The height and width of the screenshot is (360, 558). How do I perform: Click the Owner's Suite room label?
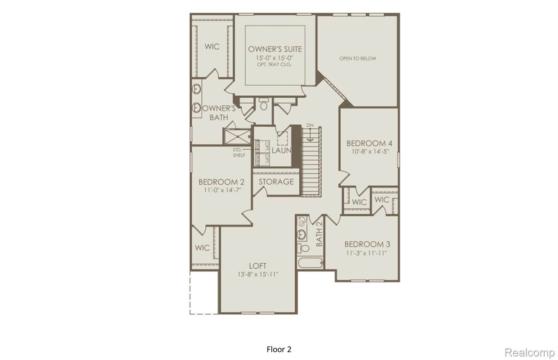click(x=275, y=49)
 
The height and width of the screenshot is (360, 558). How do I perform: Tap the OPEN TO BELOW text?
click(x=357, y=58)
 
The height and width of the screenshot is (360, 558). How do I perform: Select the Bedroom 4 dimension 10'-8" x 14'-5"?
click(x=370, y=152)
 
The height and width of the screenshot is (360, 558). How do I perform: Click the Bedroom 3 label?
click(x=367, y=244)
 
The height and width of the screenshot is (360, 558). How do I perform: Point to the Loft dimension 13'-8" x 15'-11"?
click(x=258, y=274)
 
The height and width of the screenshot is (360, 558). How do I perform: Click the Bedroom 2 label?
click(x=221, y=182)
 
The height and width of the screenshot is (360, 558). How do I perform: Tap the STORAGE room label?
click(x=276, y=182)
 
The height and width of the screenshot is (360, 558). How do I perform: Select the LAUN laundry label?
click(x=281, y=150)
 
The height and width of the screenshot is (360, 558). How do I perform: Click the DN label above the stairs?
click(x=310, y=125)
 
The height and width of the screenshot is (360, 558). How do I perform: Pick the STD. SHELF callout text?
click(x=239, y=153)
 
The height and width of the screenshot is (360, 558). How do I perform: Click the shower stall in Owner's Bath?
click(x=237, y=137)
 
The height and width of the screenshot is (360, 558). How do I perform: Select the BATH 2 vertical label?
click(x=319, y=234)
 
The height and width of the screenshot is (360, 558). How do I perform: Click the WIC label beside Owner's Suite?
click(x=212, y=47)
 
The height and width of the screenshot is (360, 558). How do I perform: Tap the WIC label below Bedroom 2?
click(x=202, y=248)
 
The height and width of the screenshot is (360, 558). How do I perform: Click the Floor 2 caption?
click(x=279, y=349)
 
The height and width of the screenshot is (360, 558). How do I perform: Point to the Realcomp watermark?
click(x=529, y=352)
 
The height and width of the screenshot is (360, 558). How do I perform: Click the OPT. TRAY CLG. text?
click(x=274, y=65)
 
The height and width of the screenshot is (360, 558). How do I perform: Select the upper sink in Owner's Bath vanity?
click(x=196, y=89)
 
